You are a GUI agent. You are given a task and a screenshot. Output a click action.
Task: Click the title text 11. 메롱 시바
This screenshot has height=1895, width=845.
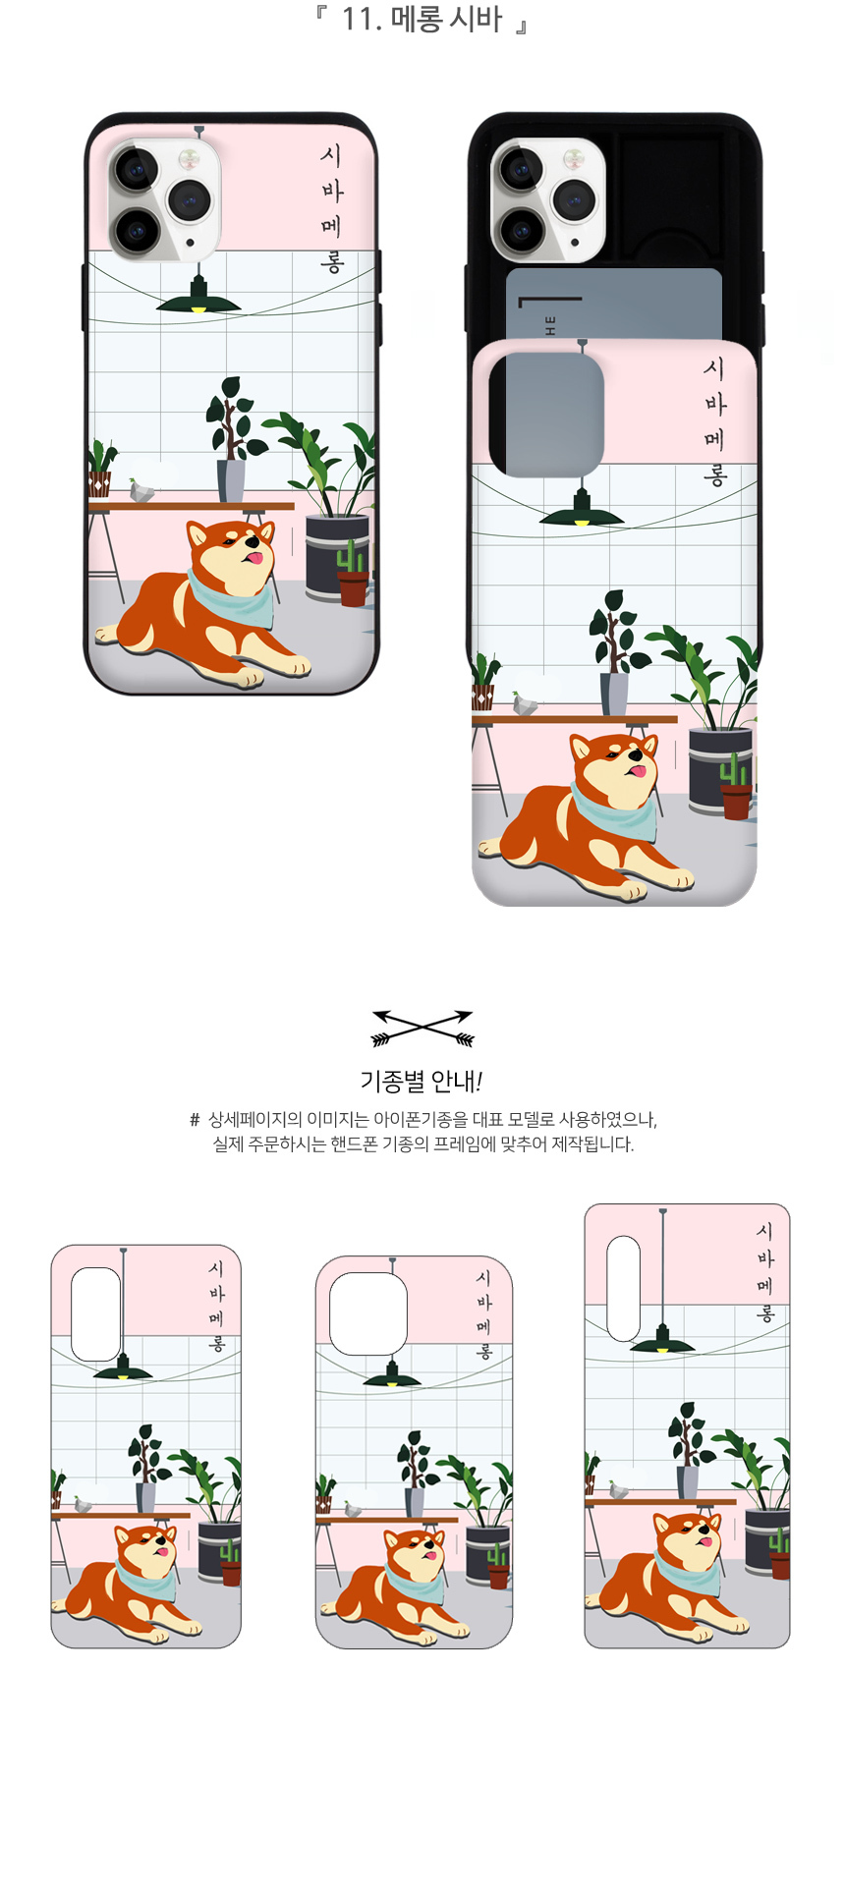point(422,19)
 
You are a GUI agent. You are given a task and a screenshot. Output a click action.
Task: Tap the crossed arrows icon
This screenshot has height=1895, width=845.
point(422,1028)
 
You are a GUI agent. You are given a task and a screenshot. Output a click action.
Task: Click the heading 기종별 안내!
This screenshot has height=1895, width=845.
point(422,1082)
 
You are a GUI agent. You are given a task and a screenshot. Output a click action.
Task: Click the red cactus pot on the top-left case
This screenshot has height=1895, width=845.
point(353,586)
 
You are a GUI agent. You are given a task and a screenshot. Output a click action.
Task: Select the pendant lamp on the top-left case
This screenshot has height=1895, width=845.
point(198,295)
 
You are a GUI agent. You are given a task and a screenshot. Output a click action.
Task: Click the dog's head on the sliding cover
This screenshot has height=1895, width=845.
point(616,765)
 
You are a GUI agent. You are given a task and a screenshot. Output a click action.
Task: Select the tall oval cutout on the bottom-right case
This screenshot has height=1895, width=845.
point(624,1288)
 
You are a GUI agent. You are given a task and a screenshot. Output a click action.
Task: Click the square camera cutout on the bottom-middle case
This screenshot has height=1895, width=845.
point(368,1313)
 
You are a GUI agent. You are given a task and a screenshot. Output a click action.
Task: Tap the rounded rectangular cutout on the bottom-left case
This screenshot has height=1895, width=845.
point(96,1313)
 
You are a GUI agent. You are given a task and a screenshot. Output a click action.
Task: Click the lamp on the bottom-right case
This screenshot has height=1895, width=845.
point(662,1341)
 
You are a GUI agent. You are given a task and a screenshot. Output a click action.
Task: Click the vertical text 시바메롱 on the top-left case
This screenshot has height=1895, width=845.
point(332,209)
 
